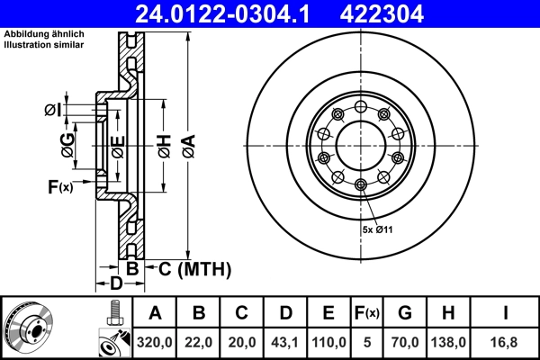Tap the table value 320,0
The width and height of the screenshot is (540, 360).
pos(155,343)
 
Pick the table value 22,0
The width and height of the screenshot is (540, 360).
pos(199,343)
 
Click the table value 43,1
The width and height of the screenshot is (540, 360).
pos(285,343)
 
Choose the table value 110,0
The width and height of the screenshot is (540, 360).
pos(328,343)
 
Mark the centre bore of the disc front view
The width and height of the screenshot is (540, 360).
pos(360,144)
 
